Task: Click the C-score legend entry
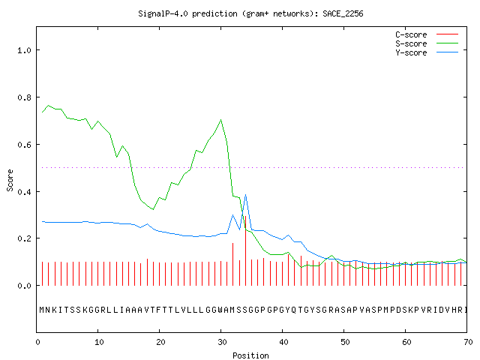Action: [427, 34]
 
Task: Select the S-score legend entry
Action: [427, 43]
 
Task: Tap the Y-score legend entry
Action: [427, 52]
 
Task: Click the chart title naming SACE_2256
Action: [250, 13]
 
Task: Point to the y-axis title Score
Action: [10, 180]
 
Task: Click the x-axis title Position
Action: [250, 355]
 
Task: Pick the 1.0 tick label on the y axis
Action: [24, 50]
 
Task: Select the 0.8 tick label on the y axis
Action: [24, 97]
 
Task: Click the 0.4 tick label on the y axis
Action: [24, 192]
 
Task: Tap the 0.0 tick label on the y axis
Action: [24, 286]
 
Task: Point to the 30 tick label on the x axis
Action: [222, 342]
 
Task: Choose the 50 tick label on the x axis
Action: [345, 342]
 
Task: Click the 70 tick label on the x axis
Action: [468, 342]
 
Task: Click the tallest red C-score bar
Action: [245, 250]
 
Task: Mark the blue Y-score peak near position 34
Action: [245, 195]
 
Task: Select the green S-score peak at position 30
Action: [221, 120]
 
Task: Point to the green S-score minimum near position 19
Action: [153, 209]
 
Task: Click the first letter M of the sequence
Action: [42, 310]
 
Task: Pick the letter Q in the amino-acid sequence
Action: [294, 310]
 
